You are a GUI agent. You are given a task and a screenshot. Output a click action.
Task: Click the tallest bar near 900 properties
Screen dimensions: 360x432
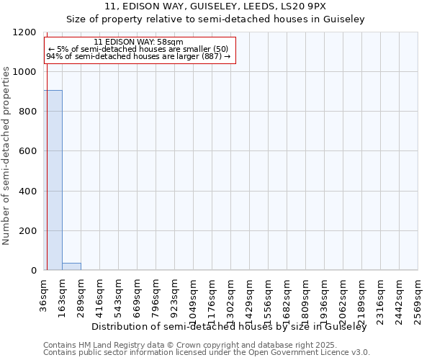click(x=53, y=180)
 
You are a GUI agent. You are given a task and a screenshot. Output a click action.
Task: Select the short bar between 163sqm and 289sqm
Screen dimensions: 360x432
click(x=71, y=266)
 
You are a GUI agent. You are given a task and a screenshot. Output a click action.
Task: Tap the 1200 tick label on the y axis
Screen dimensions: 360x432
click(x=26, y=32)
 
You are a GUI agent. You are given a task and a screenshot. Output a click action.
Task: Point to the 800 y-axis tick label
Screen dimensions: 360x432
click(x=29, y=112)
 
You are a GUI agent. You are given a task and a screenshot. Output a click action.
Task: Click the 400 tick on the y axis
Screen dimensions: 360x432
click(x=29, y=192)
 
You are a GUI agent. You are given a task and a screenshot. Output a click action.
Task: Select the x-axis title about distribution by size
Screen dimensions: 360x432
click(x=230, y=327)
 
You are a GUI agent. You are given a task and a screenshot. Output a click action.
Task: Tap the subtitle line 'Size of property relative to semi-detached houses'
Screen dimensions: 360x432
click(x=215, y=19)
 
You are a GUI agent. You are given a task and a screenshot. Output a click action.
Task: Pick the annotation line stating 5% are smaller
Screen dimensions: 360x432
click(x=139, y=49)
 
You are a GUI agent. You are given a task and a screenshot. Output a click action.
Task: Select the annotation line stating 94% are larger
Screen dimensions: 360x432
click(x=139, y=56)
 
